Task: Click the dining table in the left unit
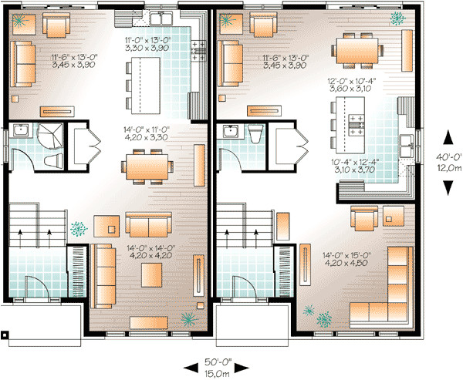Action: pos(147,165)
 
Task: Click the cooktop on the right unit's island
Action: pos(359,126)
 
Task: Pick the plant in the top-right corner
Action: pos(397,17)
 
